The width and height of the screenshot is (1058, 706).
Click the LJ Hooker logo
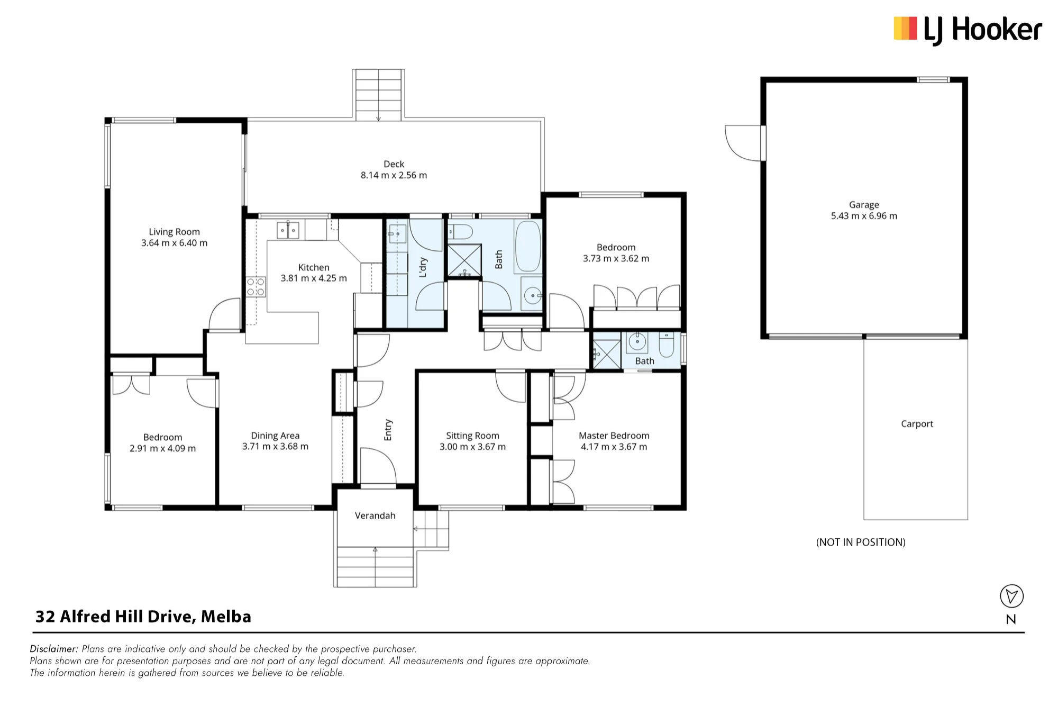tap(968, 30)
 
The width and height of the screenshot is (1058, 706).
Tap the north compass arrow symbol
tap(1011, 596)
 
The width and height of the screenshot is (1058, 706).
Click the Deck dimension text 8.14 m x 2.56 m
tap(394, 175)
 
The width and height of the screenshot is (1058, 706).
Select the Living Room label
tap(174, 232)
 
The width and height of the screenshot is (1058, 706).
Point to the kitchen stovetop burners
tap(256, 287)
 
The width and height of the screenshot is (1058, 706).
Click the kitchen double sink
tap(288, 231)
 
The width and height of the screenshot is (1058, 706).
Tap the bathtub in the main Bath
tap(528, 246)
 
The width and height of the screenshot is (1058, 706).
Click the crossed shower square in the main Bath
tap(464, 260)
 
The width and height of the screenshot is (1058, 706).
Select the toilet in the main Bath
tap(460, 232)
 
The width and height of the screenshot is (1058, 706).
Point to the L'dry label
tap(423, 267)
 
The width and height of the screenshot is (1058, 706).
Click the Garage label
tap(864, 205)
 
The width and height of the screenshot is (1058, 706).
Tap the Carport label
tap(917, 424)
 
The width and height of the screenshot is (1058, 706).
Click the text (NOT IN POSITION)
tap(861, 542)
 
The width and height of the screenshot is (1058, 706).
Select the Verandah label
tap(375, 515)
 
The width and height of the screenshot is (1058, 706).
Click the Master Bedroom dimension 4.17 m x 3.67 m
tap(614, 447)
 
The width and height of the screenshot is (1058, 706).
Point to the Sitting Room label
tap(472, 436)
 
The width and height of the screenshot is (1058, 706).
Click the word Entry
tap(388, 430)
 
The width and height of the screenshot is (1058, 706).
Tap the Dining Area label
tap(275, 436)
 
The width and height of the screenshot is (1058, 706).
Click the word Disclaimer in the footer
tap(54, 649)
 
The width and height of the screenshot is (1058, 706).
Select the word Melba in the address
tap(226, 617)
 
